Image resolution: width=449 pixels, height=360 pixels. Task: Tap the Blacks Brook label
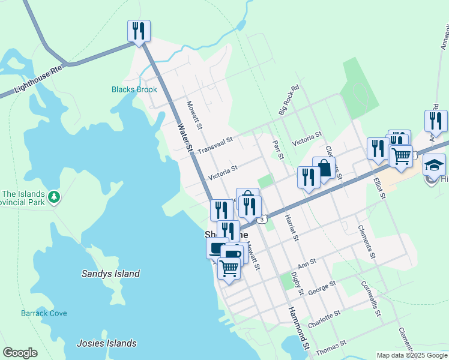[x=134, y=90]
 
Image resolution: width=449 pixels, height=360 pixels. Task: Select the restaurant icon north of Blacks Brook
[x=139, y=31]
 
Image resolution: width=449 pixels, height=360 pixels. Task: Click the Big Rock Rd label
[x=288, y=100]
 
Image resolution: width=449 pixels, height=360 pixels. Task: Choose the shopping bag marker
[x=324, y=169]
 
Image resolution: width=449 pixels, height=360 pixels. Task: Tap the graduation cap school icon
[x=434, y=164]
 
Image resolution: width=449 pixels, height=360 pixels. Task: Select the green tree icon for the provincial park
[x=54, y=197]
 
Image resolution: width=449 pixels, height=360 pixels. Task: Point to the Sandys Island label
[x=110, y=274]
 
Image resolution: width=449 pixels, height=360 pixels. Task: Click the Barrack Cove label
[x=44, y=313]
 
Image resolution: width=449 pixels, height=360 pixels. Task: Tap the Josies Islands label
[x=107, y=344]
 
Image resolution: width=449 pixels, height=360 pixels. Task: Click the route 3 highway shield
[x=262, y=220]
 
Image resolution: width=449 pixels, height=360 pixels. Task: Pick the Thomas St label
[x=331, y=346]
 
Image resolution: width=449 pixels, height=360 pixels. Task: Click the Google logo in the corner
[x=20, y=353]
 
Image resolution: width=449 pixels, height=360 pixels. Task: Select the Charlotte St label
[x=324, y=318]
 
